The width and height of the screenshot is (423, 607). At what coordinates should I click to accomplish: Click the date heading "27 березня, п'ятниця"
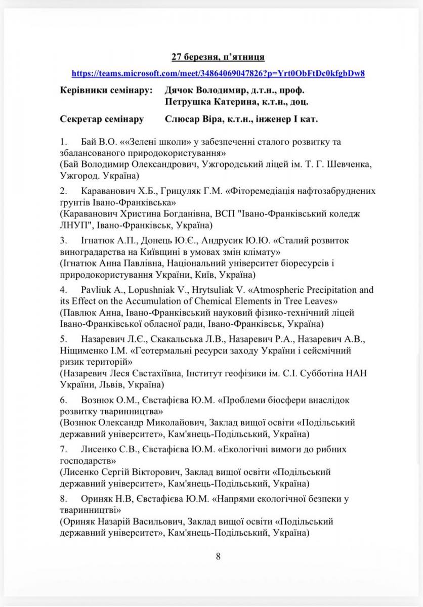pyautogui.click(x=218, y=57)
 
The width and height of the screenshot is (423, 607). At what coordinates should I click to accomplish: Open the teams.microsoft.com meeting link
pyautogui.click(x=218, y=73)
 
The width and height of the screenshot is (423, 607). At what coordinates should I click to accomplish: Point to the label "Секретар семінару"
pyautogui.click(x=102, y=119)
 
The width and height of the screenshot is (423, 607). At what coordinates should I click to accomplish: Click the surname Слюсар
pyautogui.click(x=181, y=119)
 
